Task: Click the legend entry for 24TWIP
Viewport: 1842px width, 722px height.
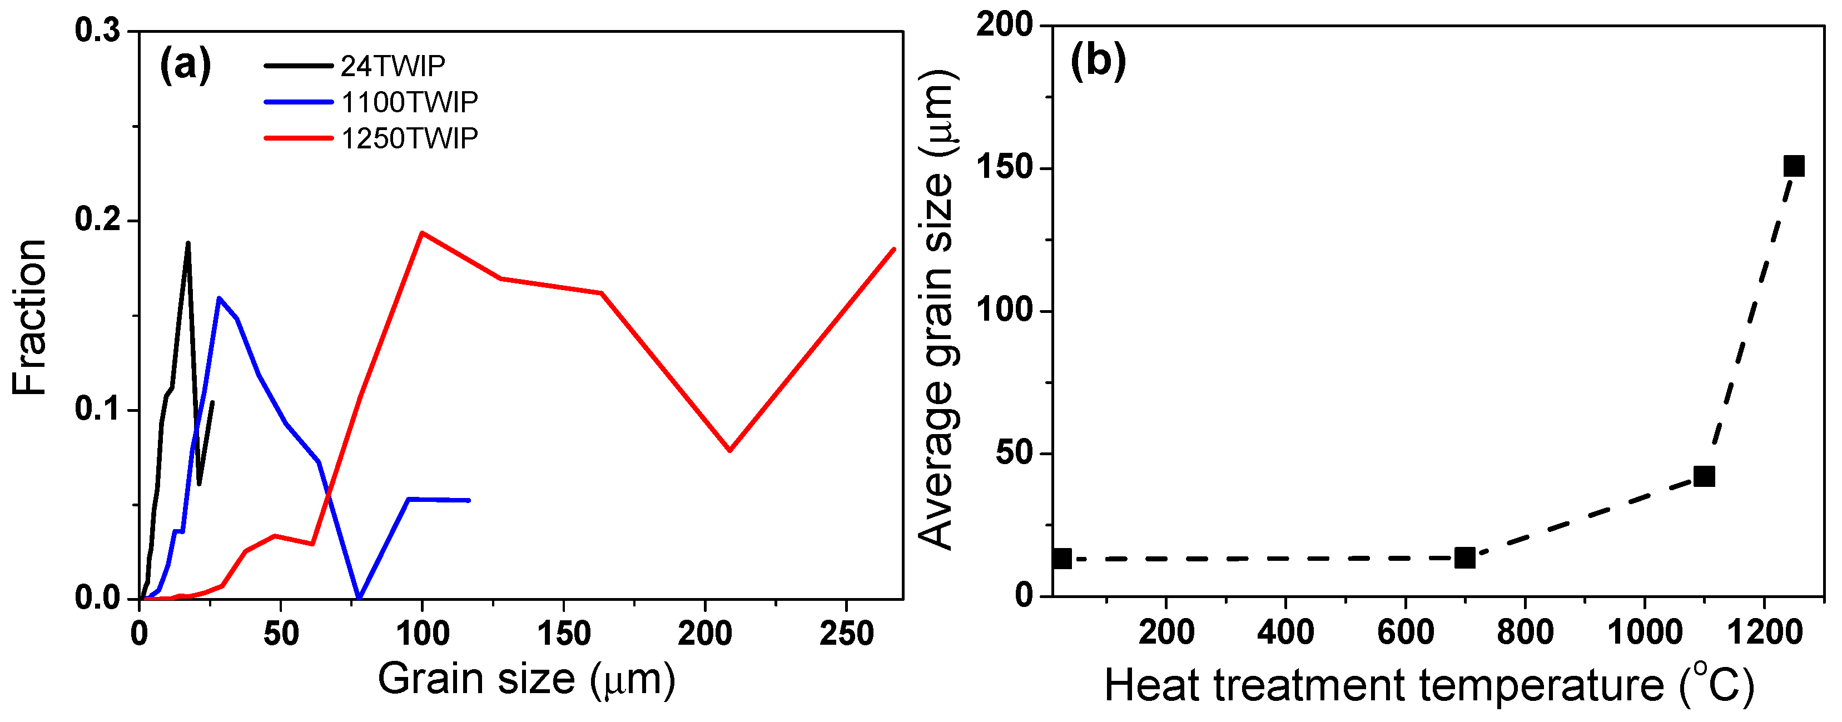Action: point(392,66)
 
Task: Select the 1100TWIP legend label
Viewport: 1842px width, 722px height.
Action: point(409,102)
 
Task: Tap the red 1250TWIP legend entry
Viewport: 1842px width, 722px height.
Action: point(409,138)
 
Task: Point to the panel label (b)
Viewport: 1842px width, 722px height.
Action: point(1098,60)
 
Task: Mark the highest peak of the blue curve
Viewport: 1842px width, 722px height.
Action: point(218,298)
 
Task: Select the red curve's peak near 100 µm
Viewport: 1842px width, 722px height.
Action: point(422,232)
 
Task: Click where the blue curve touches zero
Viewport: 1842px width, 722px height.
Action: point(359,597)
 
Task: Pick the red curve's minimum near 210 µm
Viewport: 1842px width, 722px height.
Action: point(729,450)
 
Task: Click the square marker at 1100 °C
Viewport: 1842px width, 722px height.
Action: point(1704,476)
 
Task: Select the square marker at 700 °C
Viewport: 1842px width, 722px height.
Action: point(1464,557)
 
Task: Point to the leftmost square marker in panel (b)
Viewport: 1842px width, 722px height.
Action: point(1062,558)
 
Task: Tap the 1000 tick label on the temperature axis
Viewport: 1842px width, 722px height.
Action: point(1644,632)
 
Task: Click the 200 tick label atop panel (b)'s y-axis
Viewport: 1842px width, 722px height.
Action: point(1005,26)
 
